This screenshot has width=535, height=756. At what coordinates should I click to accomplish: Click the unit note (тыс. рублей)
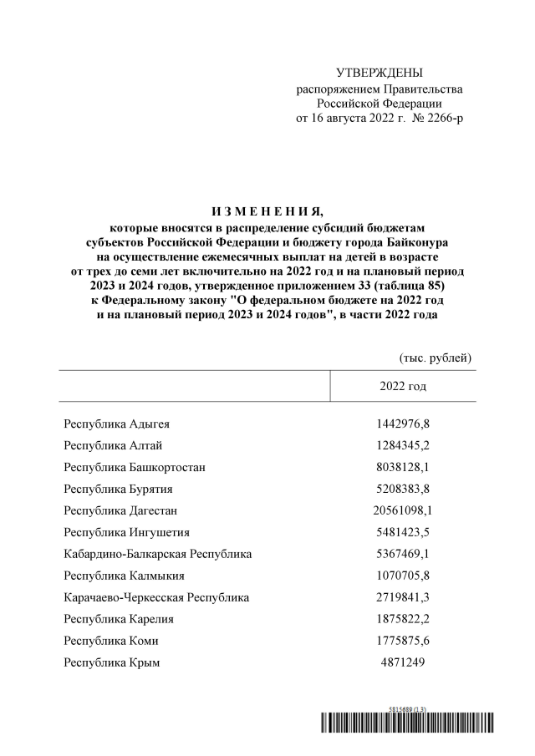[436, 358]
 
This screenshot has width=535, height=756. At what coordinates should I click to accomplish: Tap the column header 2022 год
[403, 386]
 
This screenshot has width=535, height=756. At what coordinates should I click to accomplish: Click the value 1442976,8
[403, 424]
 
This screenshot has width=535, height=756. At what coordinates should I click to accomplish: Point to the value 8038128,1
[403, 467]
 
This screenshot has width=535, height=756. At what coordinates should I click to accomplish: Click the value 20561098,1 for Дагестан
[403, 510]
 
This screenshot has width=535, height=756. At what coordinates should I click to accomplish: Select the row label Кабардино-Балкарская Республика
[157, 554]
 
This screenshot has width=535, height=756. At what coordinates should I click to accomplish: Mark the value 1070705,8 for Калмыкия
[403, 576]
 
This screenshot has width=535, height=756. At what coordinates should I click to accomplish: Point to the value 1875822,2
[403, 619]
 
